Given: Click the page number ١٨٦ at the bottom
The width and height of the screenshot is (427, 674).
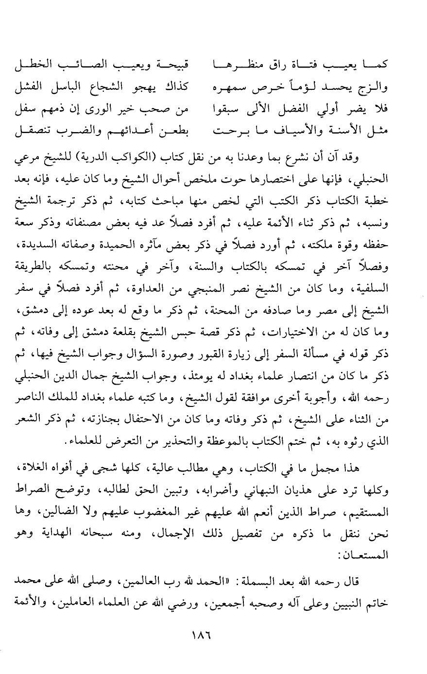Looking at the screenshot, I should (214, 636).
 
